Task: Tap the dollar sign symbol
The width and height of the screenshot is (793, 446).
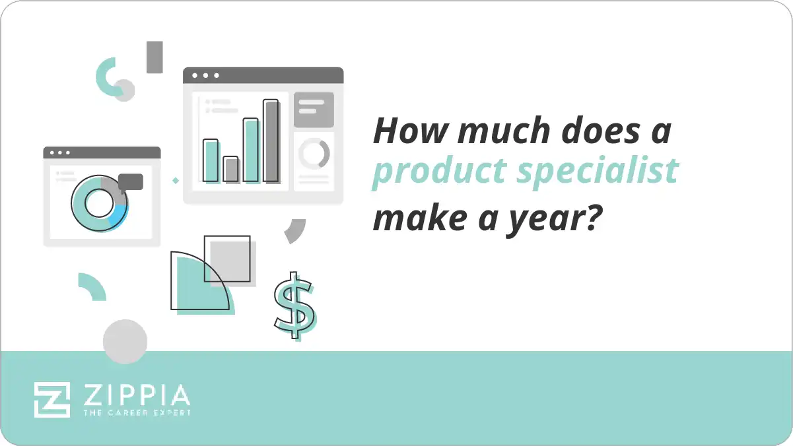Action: pyautogui.click(x=294, y=305)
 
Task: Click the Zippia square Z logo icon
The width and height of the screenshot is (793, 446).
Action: pyautogui.click(x=52, y=399)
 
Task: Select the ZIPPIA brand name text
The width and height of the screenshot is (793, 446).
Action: pyautogui.click(x=137, y=395)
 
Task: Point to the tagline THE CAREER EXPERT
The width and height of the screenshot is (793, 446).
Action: pyautogui.click(x=137, y=412)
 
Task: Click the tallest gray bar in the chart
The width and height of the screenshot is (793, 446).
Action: pyautogui.click(x=271, y=141)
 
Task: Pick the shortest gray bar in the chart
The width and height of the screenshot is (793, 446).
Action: pyautogui.click(x=230, y=169)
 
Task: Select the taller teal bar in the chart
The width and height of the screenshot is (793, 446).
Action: pyautogui.click(x=251, y=150)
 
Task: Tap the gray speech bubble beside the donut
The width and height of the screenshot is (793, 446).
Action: pyautogui.click(x=131, y=181)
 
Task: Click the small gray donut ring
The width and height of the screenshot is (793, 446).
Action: pyautogui.click(x=314, y=154)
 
